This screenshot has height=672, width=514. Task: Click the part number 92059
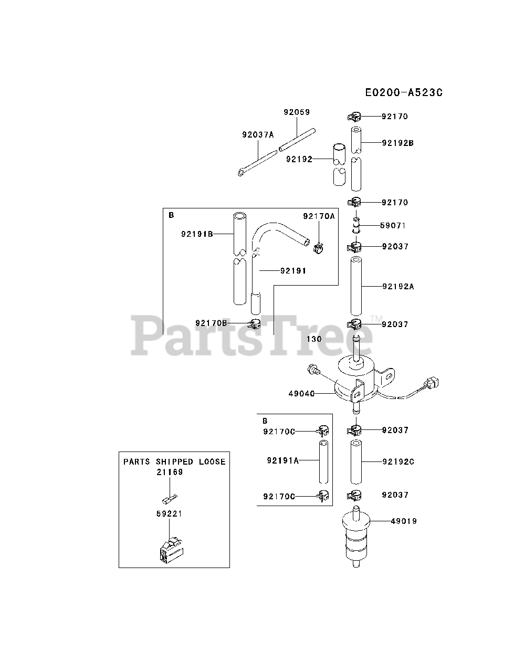[297, 112]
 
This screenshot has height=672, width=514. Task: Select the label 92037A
[258, 134]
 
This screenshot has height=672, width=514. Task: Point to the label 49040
[301, 393]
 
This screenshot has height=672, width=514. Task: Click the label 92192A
[398, 286]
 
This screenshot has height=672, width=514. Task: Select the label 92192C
[398, 461]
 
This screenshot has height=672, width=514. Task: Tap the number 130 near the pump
[313, 339]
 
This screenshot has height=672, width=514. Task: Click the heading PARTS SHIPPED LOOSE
[174, 461]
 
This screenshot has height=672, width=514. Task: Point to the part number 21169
[169, 472]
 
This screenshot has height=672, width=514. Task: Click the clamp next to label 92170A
[318, 247]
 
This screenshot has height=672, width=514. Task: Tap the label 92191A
[282, 460]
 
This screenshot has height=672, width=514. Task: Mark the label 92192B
[398, 142]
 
